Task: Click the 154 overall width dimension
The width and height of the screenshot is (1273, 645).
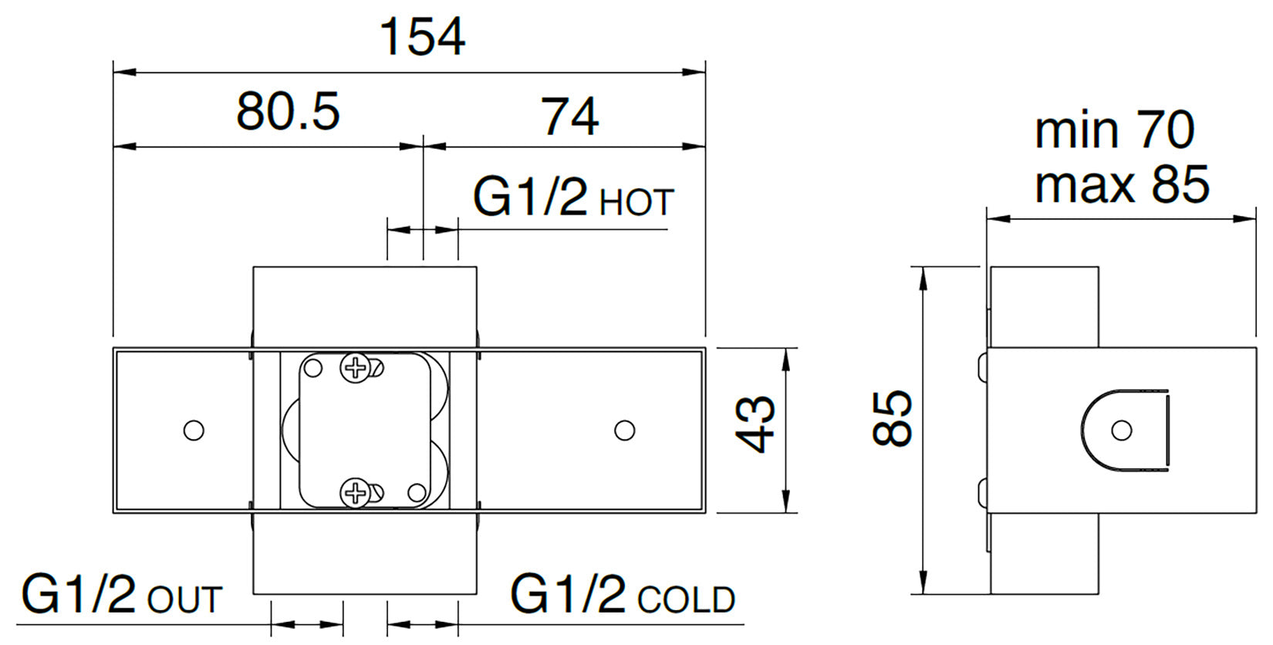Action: pos(422,37)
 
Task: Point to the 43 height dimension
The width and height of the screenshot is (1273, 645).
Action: pos(755,424)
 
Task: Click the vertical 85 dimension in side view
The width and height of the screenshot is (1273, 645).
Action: pos(892,417)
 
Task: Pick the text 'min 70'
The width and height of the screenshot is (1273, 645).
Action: pos(1114,130)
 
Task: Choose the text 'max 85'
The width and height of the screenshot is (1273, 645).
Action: pos(1122,184)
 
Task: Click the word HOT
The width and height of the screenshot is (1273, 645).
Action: pos(636,202)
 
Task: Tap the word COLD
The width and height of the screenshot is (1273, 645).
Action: pos(687,599)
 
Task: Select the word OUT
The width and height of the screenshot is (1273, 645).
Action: pos(184,599)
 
